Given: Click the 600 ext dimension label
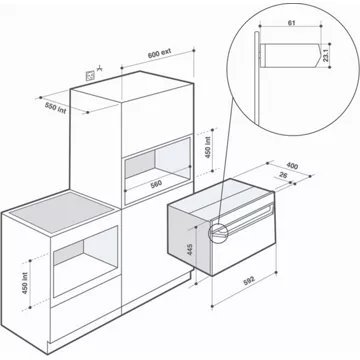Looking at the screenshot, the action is pos(159,53).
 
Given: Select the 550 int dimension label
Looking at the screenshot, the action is pos(55,107).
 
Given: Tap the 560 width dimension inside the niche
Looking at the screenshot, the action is pos(156,184).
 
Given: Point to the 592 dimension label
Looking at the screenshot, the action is pos(249,279).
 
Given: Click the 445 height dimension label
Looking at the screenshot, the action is pos(190,249).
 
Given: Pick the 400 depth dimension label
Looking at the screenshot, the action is pos(292,166).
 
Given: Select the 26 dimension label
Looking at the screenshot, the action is pos(283,175).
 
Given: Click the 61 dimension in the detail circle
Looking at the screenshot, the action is pos(291,23).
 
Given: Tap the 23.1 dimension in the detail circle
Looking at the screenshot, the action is pos(326,55).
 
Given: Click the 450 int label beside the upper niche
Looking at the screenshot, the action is pos(208,147).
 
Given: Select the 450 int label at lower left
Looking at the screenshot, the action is pos(25,283).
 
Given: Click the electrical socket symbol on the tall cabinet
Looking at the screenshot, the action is pos(90,76).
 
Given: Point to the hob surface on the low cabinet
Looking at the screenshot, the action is pos(61,212).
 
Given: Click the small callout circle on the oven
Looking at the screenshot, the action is pos(217,231).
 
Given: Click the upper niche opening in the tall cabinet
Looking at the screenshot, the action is pos(157,168).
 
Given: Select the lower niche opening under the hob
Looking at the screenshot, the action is pos(85,260).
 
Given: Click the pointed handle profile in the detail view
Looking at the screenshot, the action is pos(290,55).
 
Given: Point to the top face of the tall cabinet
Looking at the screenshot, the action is pos(132,86).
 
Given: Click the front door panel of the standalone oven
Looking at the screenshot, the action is pos(244,242).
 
